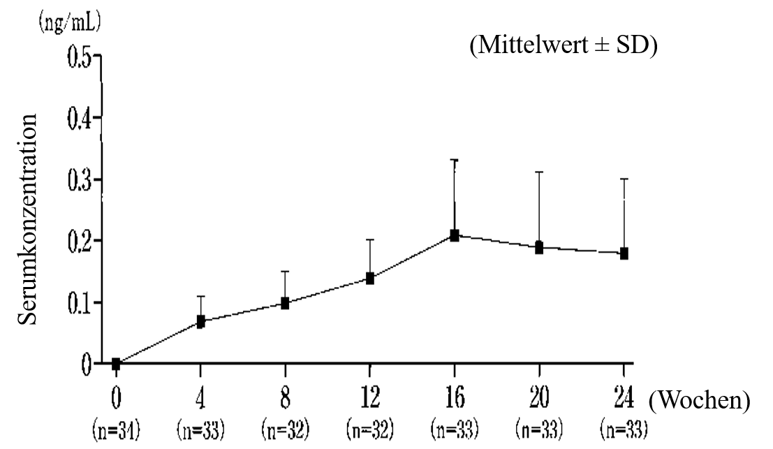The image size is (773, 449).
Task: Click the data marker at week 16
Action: coord(455,235)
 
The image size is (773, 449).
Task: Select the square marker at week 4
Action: coord(200,322)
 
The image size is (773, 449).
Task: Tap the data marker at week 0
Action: coord(116,364)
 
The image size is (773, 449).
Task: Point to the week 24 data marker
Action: coord(624,253)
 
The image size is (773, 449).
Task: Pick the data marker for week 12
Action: coord(369,279)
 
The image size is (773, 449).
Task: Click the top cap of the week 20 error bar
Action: coord(539,172)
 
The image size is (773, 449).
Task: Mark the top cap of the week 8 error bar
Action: coord(285,271)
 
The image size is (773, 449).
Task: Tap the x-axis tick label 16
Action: coord(455,397)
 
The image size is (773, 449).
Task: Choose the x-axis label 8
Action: coord(286,397)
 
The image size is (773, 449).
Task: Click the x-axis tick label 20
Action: coord(539,397)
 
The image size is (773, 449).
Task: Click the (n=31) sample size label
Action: coord(117,429)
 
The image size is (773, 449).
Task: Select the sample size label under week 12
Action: coord(370,429)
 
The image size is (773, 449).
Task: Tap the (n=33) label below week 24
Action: coord(624,429)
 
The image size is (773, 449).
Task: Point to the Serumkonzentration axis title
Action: coord(28,219)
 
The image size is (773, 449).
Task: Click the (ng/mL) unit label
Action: coord(70,22)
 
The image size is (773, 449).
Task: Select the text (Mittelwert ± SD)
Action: coord(564,45)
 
